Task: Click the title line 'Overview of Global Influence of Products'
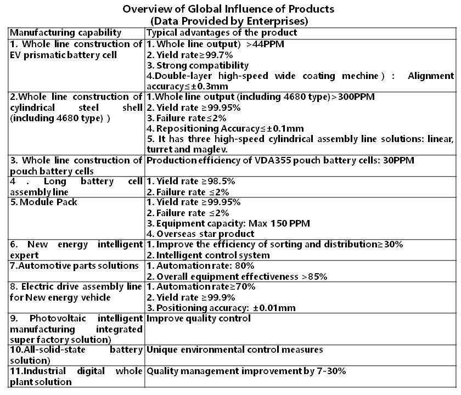228,9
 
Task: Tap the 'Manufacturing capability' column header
66,33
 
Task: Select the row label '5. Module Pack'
44,202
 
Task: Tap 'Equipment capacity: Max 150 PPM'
228,223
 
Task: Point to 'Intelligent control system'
208,255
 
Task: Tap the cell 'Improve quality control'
198,318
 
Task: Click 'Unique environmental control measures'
234,349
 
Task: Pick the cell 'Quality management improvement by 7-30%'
246,371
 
